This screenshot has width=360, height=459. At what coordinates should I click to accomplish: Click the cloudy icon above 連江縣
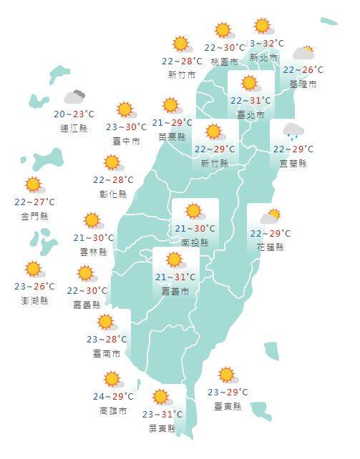pyautogui.click(x=75, y=97)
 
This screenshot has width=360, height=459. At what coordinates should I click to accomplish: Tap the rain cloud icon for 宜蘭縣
pyautogui.click(x=292, y=132)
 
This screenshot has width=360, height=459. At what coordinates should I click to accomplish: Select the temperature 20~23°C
pyautogui.click(x=74, y=114)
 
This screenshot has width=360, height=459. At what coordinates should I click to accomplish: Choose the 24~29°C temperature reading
pyautogui.click(x=114, y=397)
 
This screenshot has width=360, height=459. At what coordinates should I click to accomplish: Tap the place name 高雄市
pyautogui.click(x=114, y=411)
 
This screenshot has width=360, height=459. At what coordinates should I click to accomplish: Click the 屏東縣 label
pyautogui.click(x=162, y=428)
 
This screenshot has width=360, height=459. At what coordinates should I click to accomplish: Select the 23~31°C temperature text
pyautogui.click(x=162, y=414)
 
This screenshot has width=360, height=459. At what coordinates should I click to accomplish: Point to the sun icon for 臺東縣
pyautogui.click(x=227, y=375)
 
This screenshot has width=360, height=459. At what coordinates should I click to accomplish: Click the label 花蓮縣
pyautogui.click(x=271, y=247)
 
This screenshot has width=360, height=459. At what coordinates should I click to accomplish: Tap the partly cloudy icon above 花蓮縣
pyautogui.click(x=270, y=216)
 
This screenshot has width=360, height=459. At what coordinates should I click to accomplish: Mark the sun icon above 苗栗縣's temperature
pyautogui.click(x=171, y=106)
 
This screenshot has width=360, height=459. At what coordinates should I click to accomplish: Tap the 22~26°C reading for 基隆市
pyautogui.click(x=303, y=70)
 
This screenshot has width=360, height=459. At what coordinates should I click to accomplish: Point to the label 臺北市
pyautogui.click(x=250, y=115)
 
